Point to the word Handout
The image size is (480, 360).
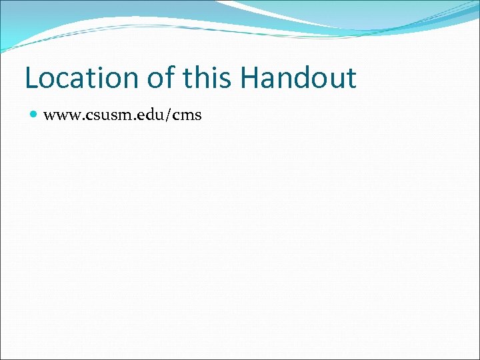click(299, 79)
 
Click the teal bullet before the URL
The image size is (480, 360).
click(33, 115)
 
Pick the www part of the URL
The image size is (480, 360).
click(61, 116)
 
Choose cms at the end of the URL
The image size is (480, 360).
click(187, 116)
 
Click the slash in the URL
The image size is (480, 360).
click(169, 115)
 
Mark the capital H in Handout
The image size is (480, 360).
click(251, 79)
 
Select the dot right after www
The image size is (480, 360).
click(81, 120)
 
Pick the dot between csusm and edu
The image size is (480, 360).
click(133, 120)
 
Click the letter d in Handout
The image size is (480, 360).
click(300, 79)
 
